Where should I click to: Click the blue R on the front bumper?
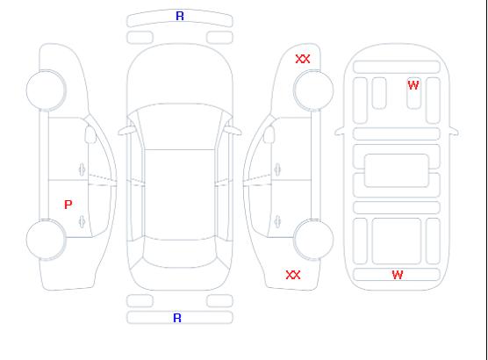pos(180,16)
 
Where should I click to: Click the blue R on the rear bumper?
pos(177,318)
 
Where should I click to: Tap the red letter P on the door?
pos(68,205)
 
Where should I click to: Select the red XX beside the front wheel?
pos(303,59)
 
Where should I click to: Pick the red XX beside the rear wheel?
pos(293,275)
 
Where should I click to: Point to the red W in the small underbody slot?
pos(413,85)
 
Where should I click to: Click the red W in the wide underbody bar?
pos(398,275)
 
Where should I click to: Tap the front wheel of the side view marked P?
pos(46,90)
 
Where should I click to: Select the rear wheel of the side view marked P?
pos(46,240)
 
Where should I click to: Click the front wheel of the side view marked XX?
pos(313,90)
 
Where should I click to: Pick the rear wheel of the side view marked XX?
pos(313,240)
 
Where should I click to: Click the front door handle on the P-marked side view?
pos(83,169)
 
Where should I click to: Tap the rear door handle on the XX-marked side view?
pos(277,221)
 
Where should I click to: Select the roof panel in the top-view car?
pos(180,195)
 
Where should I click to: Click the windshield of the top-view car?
pos(180,126)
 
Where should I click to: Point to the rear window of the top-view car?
pos(180,253)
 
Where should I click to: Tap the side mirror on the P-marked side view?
pos(90,134)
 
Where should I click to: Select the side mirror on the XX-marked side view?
pos(269,134)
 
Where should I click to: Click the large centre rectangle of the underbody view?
pos(397,170)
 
